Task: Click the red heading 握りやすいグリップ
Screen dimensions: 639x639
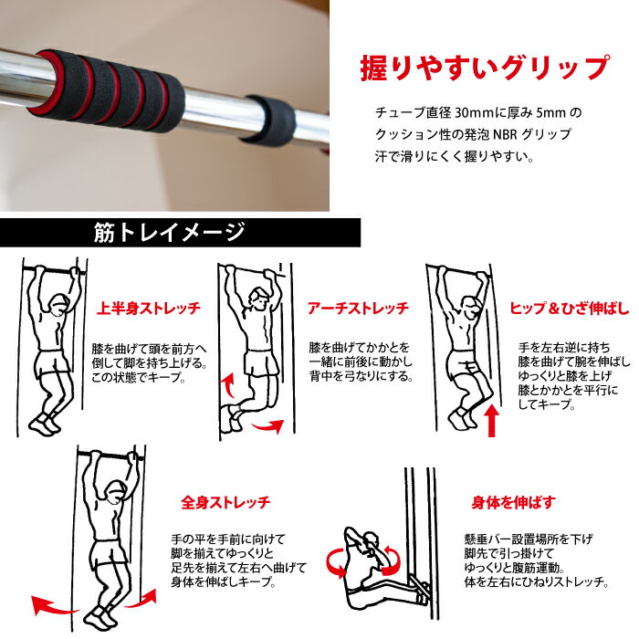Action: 485,68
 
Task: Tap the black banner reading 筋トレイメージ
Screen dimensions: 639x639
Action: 180,232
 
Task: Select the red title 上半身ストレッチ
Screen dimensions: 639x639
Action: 149,309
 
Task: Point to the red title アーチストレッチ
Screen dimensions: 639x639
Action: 358,309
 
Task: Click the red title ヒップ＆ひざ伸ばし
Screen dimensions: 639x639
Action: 570,309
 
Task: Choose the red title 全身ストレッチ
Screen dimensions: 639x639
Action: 225,502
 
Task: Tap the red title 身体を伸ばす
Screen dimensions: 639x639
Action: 513,502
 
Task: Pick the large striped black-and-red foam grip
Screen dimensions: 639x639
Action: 107,90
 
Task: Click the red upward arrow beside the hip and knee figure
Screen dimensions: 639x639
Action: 492,420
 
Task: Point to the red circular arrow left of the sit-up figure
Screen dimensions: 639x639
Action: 336,563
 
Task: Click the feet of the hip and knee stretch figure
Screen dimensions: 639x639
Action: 462,416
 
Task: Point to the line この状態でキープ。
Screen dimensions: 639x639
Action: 139,377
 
